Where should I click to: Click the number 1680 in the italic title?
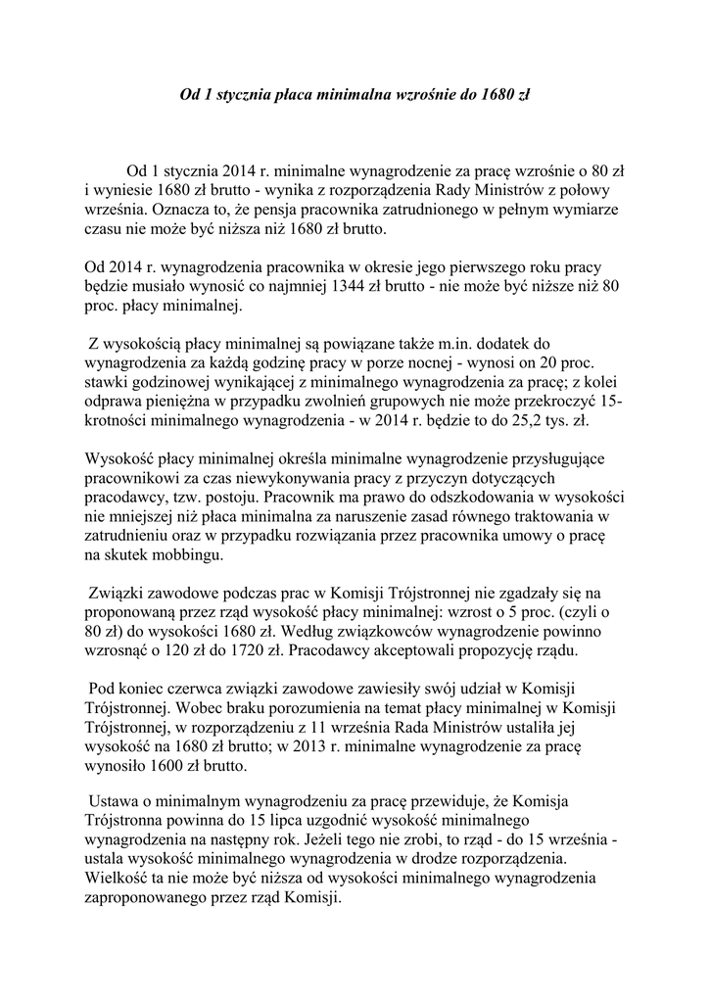[x=492, y=96]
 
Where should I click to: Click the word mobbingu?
[x=190, y=556]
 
